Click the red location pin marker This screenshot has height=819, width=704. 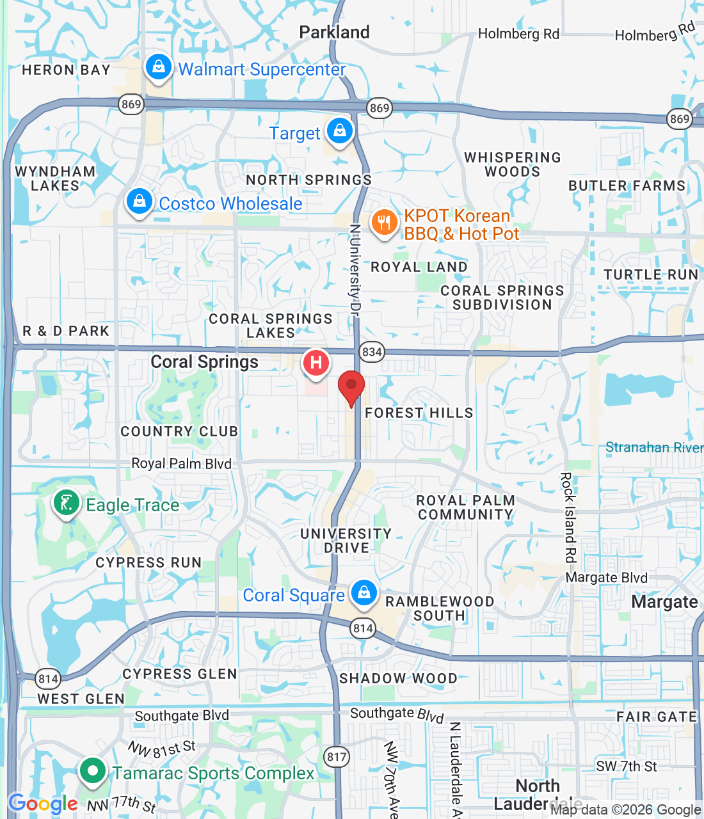351,386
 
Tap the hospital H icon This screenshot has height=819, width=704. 316,363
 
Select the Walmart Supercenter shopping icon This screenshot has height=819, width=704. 158,67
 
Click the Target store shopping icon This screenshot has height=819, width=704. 339,131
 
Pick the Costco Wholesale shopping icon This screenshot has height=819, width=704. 139,202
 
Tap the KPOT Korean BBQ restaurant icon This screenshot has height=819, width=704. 384,223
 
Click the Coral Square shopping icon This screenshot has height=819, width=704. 364,592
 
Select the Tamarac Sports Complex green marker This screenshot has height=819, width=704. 93,770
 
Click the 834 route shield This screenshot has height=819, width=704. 372,351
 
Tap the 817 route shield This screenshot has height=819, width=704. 337,758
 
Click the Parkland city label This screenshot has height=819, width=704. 334,32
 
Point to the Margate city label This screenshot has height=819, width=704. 664,602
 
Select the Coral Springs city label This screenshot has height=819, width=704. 205,362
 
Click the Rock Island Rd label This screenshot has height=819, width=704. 568,517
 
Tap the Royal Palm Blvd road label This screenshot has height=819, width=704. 181,463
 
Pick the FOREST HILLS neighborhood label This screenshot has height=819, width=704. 419,413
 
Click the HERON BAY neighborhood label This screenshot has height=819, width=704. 66,70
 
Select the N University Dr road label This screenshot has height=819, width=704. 355,269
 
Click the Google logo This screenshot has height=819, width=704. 43,804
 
